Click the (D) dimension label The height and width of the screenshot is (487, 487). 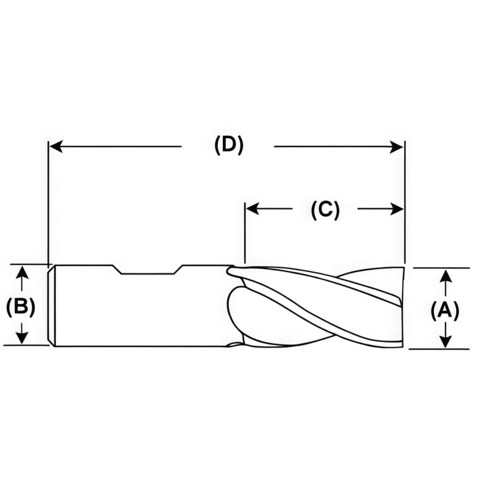229,145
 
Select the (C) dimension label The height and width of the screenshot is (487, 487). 325,209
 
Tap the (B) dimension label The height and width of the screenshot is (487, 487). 21,307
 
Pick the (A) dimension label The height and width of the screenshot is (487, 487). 445,311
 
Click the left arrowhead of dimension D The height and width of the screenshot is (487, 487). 56,146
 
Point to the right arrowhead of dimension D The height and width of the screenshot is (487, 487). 397,147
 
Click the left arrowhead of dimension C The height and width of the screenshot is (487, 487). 253,209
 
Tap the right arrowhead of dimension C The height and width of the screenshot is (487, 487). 397,209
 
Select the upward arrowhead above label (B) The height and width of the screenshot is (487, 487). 22,273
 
